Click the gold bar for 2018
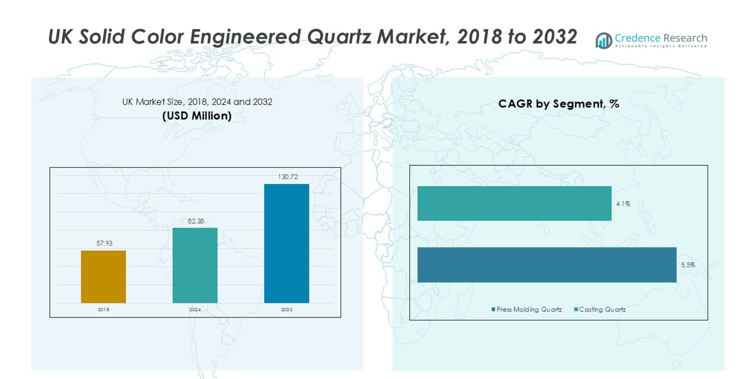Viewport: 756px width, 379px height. click(x=104, y=277)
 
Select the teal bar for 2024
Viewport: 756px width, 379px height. click(x=195, y=265)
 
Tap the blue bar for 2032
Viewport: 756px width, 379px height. click(x=287, y=243)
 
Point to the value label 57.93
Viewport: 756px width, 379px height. click(x=104, y=243)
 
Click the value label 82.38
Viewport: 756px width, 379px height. click(x=195, y=220)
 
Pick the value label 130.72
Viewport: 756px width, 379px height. click(x=287, y=176)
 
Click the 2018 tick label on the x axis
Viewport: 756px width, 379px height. click(x=104, y=310)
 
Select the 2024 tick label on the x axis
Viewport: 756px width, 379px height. click(x=195, y=310)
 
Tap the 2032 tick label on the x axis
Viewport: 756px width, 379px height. click(x=287, y=310)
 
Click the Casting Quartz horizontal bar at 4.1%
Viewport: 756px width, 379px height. click(x=514, y=204)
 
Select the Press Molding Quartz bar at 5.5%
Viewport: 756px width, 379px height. click(x=546, y=265)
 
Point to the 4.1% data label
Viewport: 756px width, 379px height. click(x=623, y=204)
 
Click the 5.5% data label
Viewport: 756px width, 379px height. click(x=687, y=265)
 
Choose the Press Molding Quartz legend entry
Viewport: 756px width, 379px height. click(x=527, y=310)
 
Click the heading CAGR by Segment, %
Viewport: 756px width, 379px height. click(x=558, y=104)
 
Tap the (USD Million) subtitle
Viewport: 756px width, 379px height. click(x=197, y=116)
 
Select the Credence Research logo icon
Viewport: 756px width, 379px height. click(x=604, y=41)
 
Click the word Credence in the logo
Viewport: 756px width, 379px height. click(x=638, y=38)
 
